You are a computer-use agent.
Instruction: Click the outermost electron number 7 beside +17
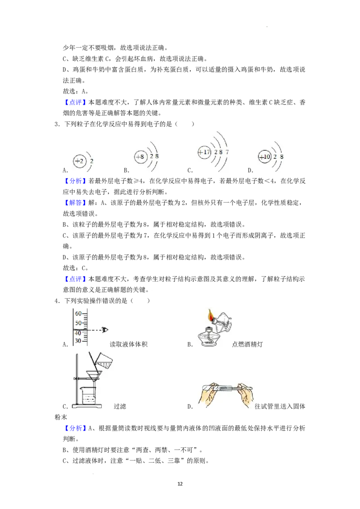click(x=227, y=152)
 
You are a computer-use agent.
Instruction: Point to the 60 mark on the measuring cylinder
click(x=78, y=313)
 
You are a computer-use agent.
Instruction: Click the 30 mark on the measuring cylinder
click(x=78, y=340)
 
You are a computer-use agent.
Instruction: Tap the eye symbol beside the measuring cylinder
click(x=105, y=330)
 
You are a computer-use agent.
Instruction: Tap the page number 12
click(x=180, y=484)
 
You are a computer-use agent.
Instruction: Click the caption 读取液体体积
click(x=129, y=344)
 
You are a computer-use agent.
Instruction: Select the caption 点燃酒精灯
click(x=247, y=344)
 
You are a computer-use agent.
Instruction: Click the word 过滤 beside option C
click(x=120, y=406)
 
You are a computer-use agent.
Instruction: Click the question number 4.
click(x=57, y=301)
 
